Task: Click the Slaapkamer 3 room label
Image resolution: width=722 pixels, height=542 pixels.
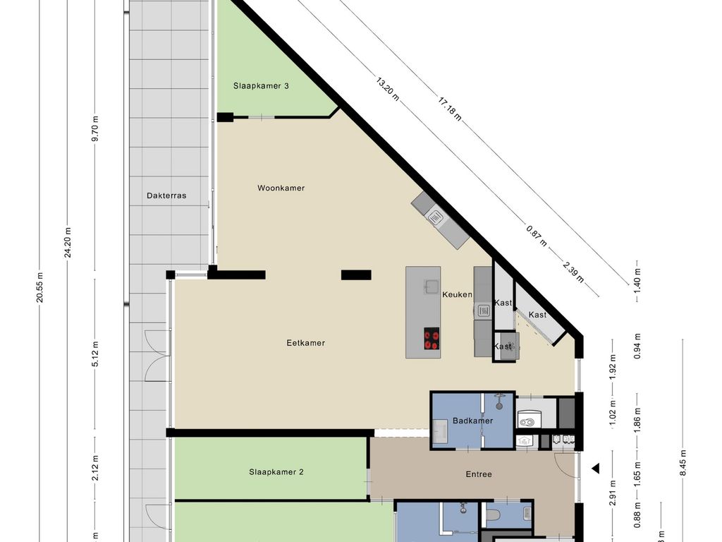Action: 262,86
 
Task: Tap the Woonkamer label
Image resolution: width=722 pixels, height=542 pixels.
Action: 281,188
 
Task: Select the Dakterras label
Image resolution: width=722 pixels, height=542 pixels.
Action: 166,195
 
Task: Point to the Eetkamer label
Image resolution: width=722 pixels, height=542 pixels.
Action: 305,343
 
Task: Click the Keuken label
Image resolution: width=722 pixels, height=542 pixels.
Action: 457,294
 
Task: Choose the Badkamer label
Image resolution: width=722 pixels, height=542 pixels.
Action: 472,421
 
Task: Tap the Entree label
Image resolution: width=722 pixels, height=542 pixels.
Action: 479,474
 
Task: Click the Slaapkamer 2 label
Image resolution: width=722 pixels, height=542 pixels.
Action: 276,472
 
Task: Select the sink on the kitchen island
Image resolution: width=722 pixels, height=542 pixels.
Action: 432,287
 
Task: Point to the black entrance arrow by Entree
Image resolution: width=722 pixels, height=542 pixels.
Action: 596,468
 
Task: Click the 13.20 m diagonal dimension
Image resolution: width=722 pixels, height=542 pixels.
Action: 387,90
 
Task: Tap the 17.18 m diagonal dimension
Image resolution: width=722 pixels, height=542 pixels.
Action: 450,109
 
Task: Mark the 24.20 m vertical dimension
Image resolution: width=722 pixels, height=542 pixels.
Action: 68,243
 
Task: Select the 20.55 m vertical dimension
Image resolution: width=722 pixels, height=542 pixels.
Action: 40,287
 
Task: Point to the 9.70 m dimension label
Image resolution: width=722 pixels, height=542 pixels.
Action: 96,128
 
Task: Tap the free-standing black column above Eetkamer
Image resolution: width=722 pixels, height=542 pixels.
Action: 356,275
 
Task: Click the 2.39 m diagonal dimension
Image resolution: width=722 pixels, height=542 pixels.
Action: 573,271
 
